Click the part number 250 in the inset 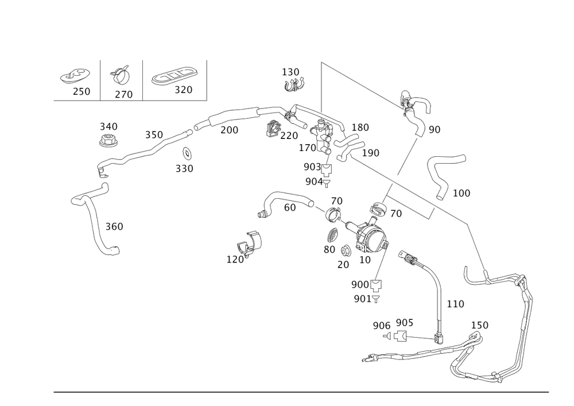[82, 92]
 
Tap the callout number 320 [183, 90]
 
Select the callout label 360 [115, 227]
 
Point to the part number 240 [108, 126]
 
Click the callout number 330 [184, 169]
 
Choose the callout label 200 [228, 130]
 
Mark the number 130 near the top [290, 72]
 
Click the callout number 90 [435, 130]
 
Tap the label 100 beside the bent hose [461, 193]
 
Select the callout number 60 [290, 208]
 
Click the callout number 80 [328, 250]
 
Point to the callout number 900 [360, 285]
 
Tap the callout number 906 [381, 325]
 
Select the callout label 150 [479, 325]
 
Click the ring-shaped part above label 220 [274, 127]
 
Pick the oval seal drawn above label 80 [332, 235]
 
